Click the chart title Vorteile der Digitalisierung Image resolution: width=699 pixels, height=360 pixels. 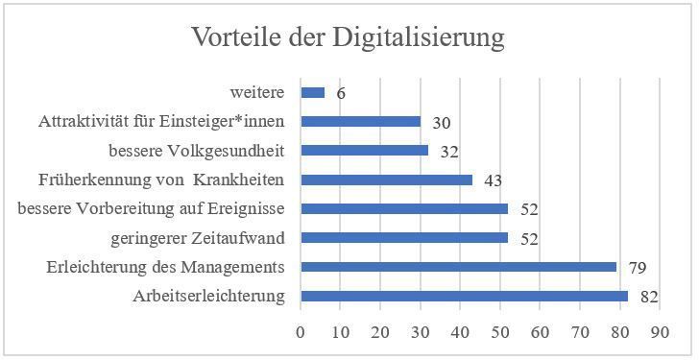[x=348, y=37]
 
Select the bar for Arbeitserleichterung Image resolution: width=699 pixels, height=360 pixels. [x=464, y=296]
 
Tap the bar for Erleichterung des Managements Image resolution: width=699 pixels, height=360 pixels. [x=458, y=267]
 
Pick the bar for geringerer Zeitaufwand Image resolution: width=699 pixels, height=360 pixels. [x=404, y=237]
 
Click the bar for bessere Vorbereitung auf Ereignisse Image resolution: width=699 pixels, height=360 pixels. [x=404, y=208]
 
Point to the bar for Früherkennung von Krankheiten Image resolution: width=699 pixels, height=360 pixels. [x=386, y=180]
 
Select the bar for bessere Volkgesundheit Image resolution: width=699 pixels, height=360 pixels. [x=364, y=151]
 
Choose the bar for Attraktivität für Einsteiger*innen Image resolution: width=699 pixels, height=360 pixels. [x=360, y=122]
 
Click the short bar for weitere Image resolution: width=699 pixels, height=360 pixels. [x=312, y=93]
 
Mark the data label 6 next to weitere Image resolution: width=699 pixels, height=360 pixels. [x=339, y=94]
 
